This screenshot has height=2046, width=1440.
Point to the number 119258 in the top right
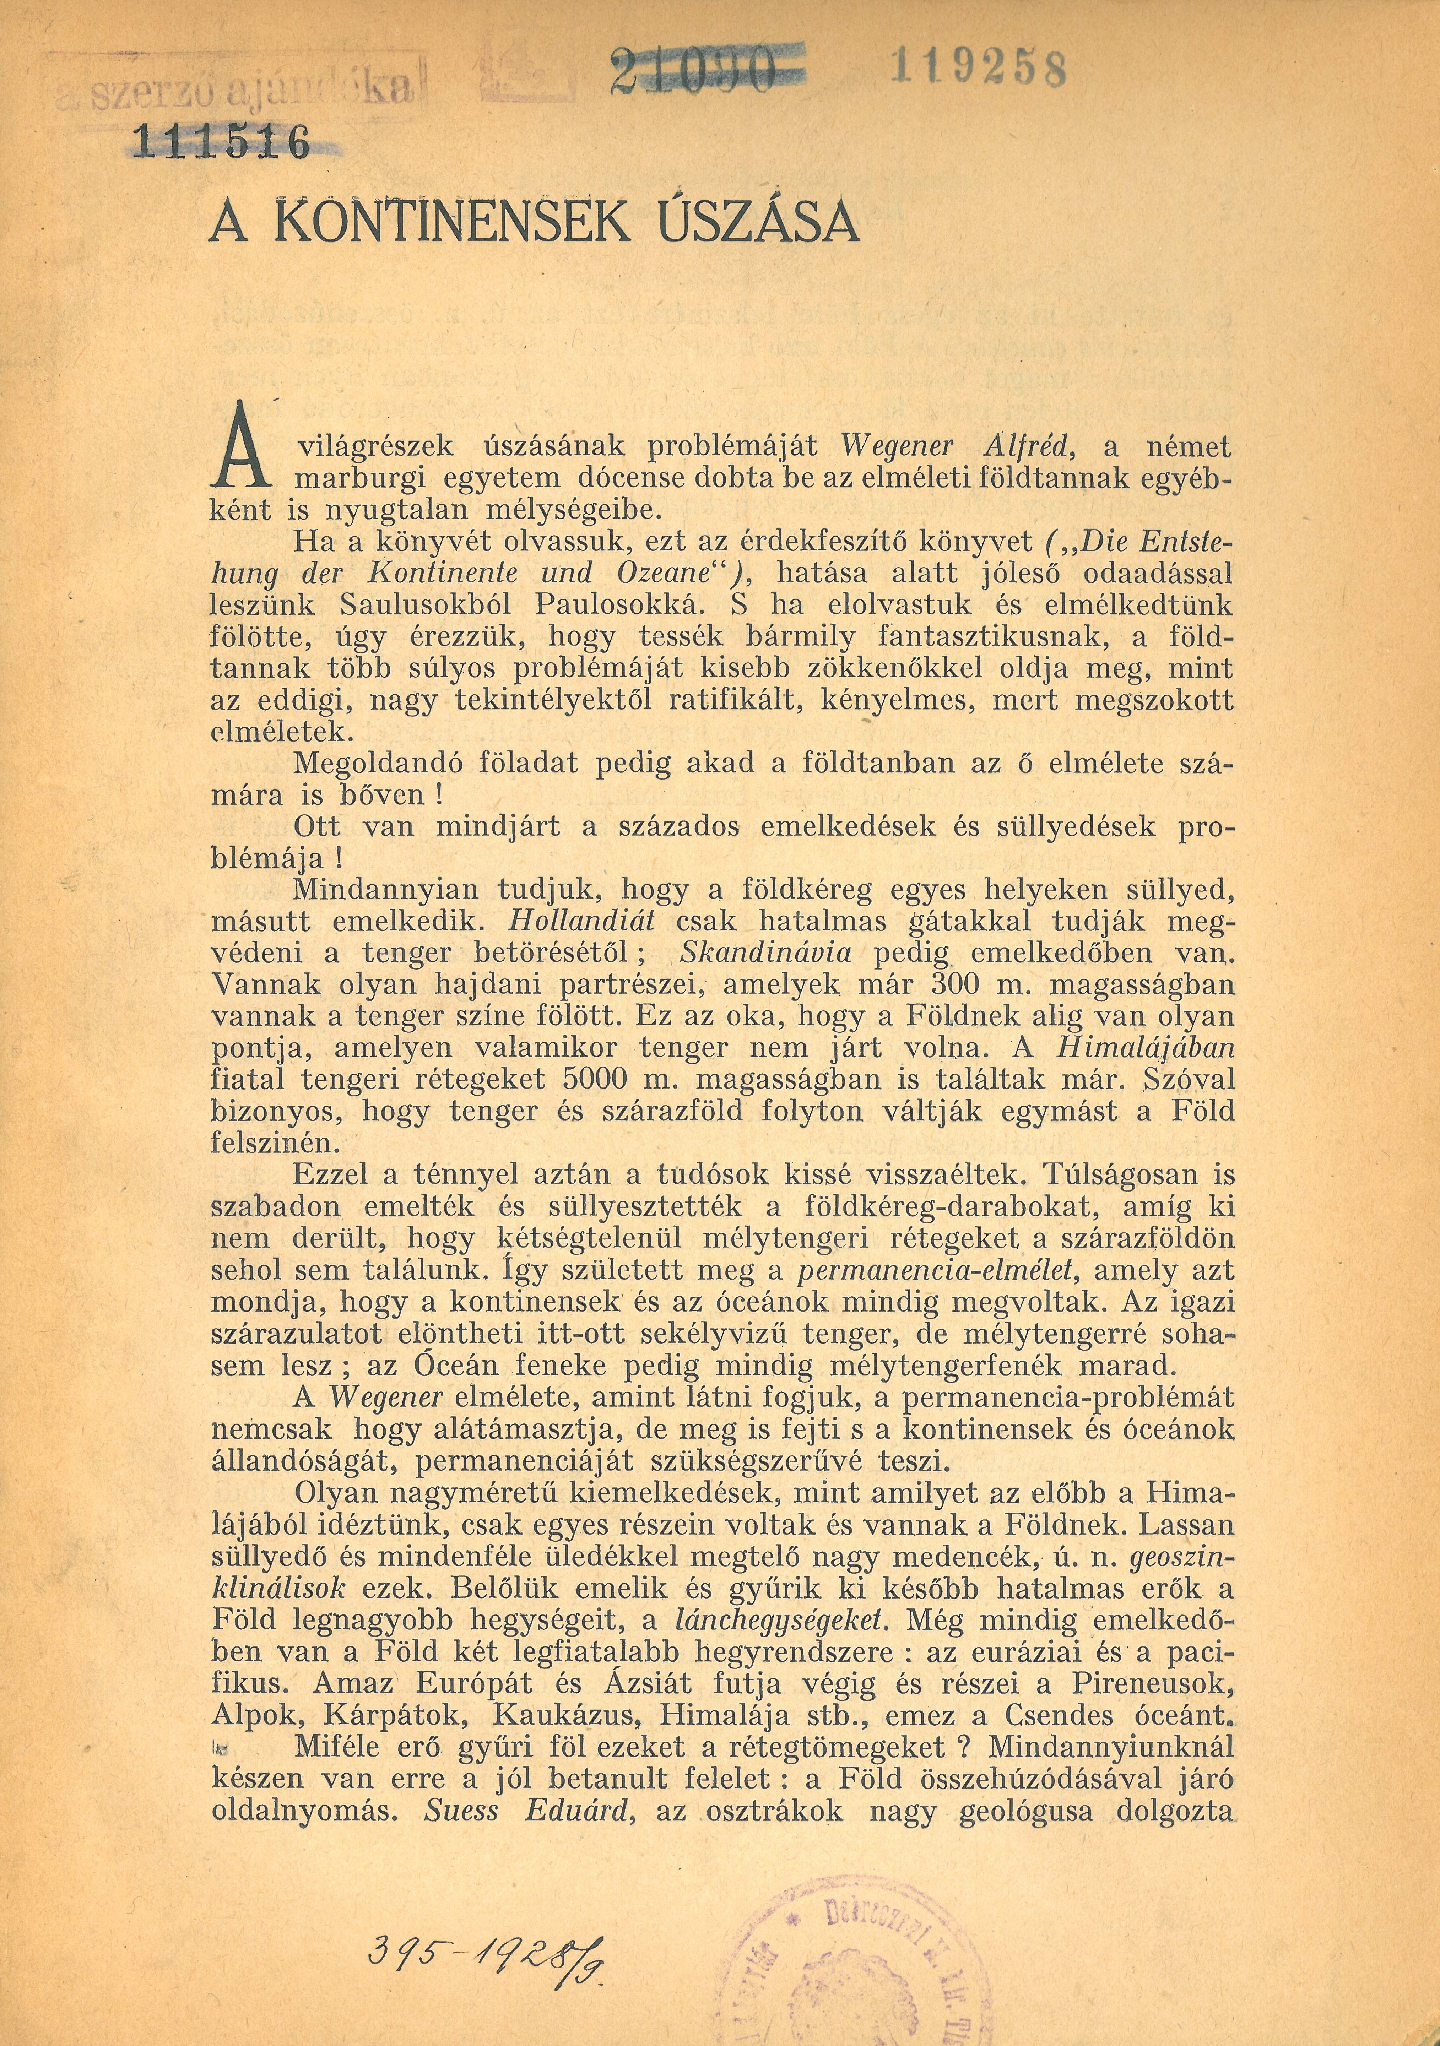click(979, 67)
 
